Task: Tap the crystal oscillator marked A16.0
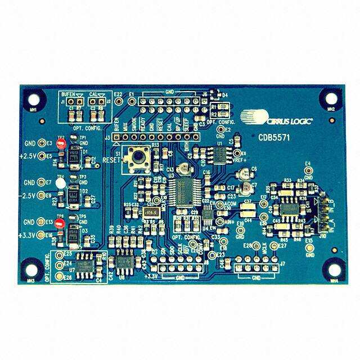tap(150, 212)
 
